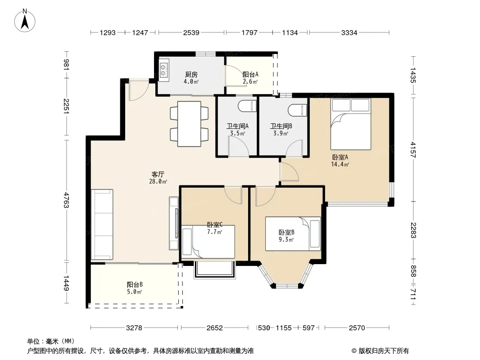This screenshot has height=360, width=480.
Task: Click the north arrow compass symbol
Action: tap(25, 21)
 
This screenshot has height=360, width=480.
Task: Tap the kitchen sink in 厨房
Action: tap(163, 70)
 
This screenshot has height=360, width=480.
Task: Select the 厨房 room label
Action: tap(191, 74)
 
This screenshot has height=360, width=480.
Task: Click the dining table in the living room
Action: tap(189, 124)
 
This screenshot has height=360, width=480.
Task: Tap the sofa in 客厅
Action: tap(102, 225)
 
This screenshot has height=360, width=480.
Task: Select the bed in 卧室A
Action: tap(351, 124)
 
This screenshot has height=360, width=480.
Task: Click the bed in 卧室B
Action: tap(293, 234)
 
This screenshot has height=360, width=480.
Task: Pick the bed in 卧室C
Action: tap(208, 242)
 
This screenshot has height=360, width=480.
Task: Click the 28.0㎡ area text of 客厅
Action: tap(158, 181)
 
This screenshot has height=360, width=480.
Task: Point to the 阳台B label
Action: tap(135, 284)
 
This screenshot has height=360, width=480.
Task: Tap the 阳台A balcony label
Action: tap(250, 74)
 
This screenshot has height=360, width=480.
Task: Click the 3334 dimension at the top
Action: tap(349, 32)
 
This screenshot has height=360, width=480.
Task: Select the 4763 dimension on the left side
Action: tap(67, 200)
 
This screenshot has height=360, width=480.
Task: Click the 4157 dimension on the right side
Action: tap(413, 149)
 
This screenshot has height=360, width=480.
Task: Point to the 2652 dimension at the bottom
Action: tap(215, 328)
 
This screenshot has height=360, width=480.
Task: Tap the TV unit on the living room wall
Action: tap(174, 223)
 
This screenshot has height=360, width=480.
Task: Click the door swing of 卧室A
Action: tap(289, 171)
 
